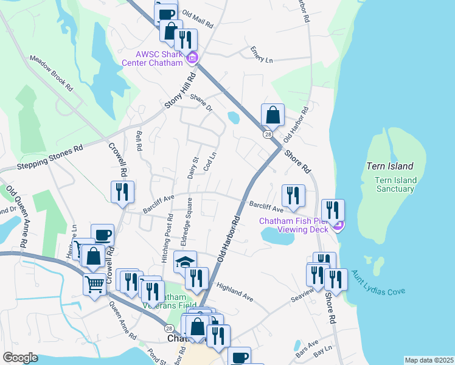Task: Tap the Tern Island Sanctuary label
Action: point(396,184)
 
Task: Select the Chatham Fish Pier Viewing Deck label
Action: point(295,225)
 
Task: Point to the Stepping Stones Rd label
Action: point(41,158)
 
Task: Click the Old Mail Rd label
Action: point(198,19)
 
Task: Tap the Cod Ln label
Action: point(210,162)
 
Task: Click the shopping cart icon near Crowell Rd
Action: point(94,283)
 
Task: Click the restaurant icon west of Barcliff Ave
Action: point(122,192)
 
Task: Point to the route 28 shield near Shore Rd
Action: point(267,135)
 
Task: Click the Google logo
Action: point(21,358)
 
